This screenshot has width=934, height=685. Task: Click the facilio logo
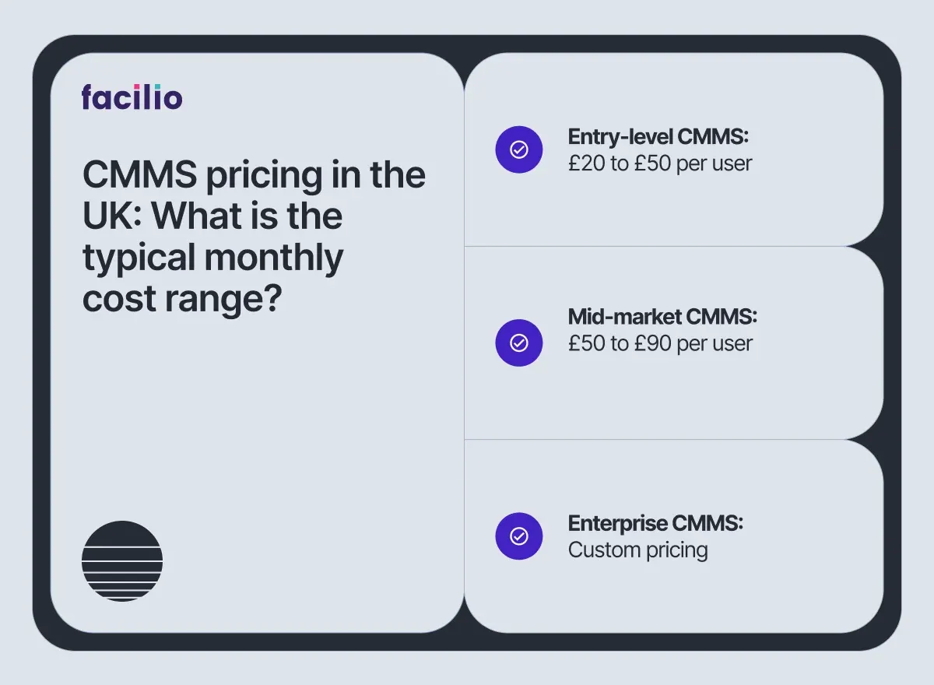pyautogui.click(x=132, y=97)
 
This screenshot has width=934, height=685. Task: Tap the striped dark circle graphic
pyautogui.click(x=122, y=560)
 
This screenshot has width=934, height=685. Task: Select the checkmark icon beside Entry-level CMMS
pyautogui.click(x=518, y=149)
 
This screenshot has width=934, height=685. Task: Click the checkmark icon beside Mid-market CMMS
pyautogui.click(x=518, y=342)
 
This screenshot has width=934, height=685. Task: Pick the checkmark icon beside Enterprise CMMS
pyautogui.click(x=518, y=536)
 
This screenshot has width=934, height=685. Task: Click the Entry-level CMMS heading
pyautogui.click(x=658, y=137)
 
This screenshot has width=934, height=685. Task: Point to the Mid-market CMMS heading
pyautogui.click(x=662, y=317)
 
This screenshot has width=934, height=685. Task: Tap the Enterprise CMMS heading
pyautogui.click(x=655, y=523)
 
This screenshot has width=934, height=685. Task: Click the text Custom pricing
pyautogui.click(x=637, y=550)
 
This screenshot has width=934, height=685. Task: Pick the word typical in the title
pyautogui.click(x=138, y=258)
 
